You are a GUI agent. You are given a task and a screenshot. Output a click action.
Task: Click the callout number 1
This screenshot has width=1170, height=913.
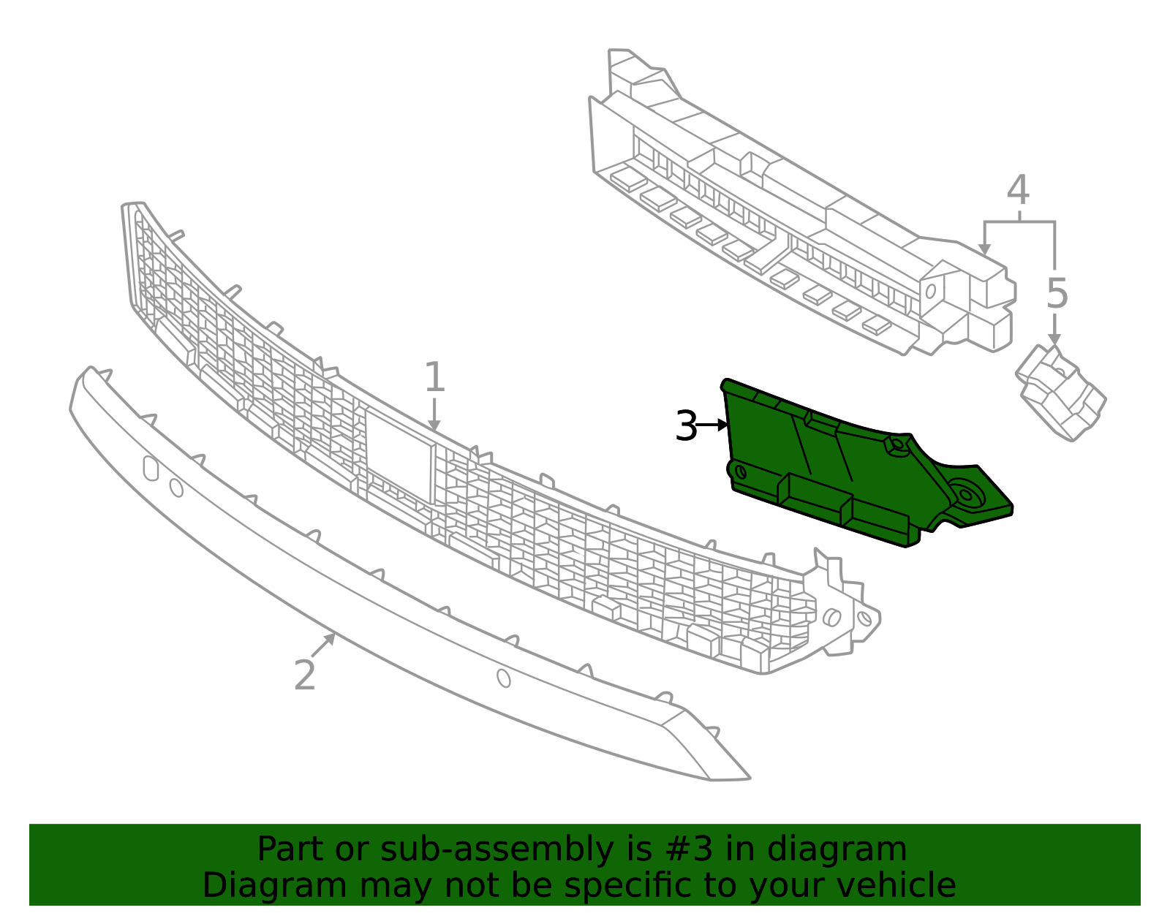click(435, 377)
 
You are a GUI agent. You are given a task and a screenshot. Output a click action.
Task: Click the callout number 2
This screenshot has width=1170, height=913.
click(305, 675)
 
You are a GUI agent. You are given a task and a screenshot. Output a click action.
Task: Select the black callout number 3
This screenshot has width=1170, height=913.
click(687, 425)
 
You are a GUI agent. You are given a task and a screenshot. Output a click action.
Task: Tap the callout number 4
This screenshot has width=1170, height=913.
click(1018, 190)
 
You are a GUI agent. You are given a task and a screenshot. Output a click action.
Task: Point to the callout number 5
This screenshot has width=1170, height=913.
click(1057, 294)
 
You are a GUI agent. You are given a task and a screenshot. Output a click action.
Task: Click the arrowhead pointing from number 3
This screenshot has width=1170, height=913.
click(722, 425)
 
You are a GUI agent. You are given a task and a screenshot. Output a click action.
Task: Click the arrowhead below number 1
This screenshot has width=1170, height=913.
click(434, 425)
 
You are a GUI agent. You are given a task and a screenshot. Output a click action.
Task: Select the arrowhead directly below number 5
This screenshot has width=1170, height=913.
click(1054, 339)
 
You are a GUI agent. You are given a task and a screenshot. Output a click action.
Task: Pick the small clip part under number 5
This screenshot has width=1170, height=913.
click(1061, 393)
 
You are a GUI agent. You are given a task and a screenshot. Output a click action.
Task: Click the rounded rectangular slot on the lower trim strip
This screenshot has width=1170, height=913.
click(151, 468)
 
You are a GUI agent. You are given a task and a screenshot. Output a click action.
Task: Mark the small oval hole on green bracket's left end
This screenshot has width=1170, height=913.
click(741, 472)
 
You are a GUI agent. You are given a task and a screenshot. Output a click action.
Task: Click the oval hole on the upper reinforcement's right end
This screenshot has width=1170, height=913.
click(930, 291)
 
